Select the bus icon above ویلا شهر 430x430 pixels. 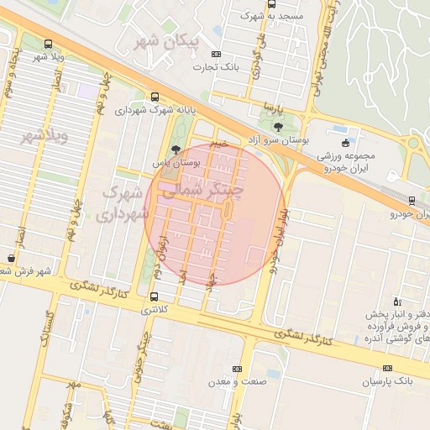pos(48,44)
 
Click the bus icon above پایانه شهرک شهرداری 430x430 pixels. pos(154,97)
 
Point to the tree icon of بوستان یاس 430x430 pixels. pos(176,148)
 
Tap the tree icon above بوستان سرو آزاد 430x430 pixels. pos(277,126)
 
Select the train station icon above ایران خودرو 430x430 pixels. pos(412,200)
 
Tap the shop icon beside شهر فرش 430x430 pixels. pos(10,257)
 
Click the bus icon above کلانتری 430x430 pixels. pos(153,296)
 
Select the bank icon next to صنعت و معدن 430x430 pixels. pos(237,368)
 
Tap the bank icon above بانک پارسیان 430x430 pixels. pos(387,368)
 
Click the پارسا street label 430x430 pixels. pos(268,107)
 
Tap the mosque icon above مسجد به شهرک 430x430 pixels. pos(270,3)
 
